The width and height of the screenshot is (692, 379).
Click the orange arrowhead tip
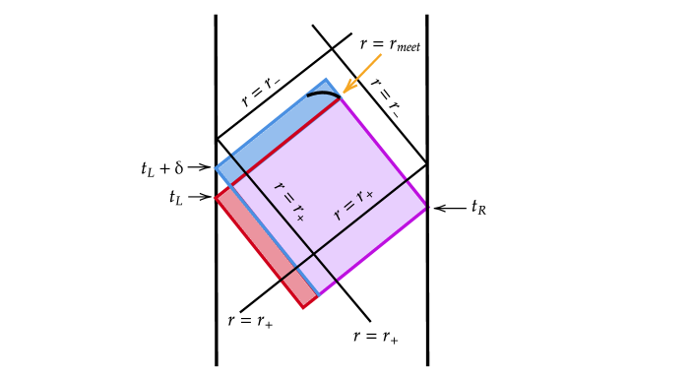[344, 93]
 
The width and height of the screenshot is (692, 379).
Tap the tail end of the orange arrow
[381, 54]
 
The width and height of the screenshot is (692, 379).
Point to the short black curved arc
[323, 94]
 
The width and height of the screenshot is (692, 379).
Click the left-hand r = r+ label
[289, 201]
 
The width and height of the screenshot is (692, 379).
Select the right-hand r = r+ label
[353, 206]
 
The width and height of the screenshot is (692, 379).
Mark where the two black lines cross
[314, 253]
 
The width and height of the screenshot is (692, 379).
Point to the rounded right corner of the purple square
[426, 206]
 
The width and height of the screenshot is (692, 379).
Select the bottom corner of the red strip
[304, 309]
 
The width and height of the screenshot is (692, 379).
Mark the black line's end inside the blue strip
[231, 154]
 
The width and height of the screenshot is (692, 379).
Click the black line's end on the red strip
[282, 281]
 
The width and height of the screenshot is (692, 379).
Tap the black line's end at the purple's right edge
[408, 179]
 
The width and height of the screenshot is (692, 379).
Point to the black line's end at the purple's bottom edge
[338, 283]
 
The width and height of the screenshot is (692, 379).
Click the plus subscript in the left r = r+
[299, 216]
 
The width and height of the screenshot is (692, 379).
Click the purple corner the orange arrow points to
[341, 97]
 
